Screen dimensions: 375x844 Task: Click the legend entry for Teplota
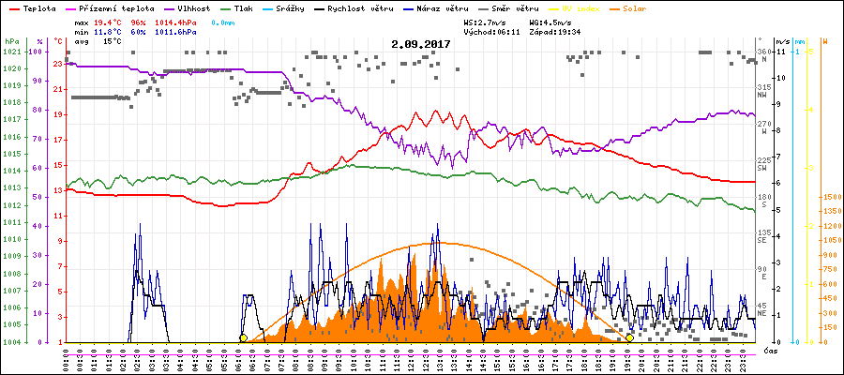(32, 8)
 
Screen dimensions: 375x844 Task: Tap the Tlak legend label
(249, 8)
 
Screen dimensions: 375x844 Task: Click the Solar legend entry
(646, 8)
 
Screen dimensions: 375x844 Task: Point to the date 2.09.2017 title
(421, 43)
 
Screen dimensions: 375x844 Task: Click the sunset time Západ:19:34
(558, 32)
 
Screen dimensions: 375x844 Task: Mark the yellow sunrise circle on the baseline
(243, 337)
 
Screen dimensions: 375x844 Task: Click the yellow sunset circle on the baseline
(629, 337)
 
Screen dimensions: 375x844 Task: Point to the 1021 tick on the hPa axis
(11, 51)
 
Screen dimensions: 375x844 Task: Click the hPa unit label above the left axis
(10, 41)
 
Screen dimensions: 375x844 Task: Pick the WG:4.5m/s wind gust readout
(550, 22)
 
